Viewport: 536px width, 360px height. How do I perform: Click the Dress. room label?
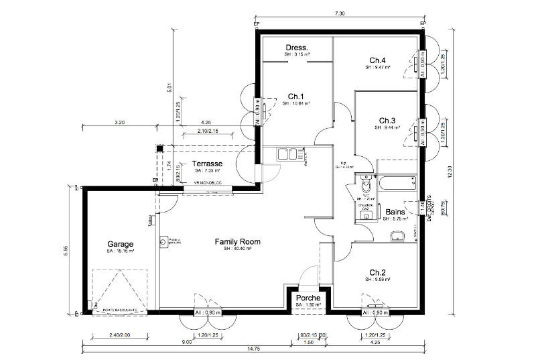296,48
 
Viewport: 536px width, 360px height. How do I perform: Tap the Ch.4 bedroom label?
379,59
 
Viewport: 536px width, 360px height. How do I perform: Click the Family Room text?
237,241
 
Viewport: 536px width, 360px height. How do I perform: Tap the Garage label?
121,244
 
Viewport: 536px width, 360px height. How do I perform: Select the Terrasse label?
208,164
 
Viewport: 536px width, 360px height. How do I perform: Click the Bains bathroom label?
395,211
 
